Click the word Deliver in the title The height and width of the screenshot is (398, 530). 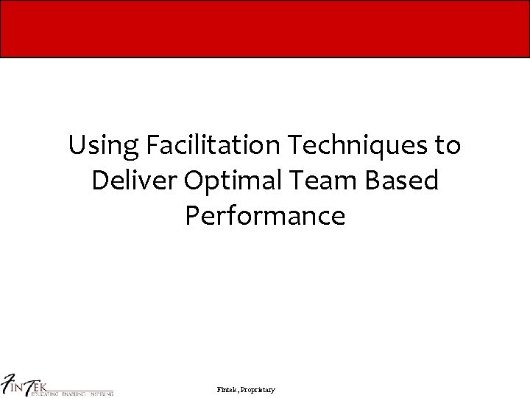(134, 181)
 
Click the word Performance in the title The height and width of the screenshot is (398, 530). (265, 216)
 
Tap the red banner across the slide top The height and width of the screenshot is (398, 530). (265, 29)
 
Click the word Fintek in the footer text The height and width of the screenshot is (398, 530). (228, 389)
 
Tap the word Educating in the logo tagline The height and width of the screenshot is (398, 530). (43, 394)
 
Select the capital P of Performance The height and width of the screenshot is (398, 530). (192, 216)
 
